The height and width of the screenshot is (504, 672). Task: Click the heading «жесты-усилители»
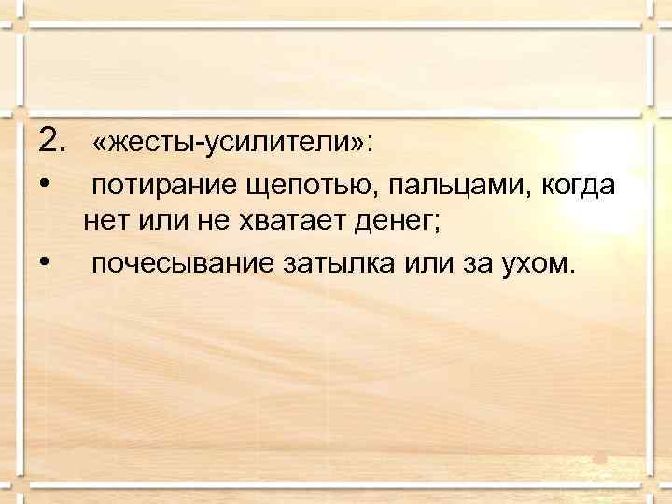click(x=230, y=145)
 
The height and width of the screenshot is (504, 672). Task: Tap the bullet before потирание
click(x=44, y=184)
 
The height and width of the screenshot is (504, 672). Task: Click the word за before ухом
click(x=476, y=263)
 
